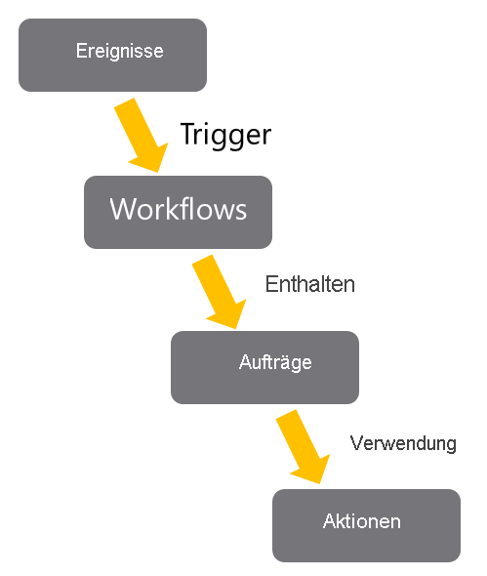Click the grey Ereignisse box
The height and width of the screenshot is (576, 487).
point(112,55)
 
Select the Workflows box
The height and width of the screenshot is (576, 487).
point(178,211)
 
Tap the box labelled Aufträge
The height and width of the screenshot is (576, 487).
point(264,367)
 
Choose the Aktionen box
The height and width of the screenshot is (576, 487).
point(366,525)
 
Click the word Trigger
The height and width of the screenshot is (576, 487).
point(224,134)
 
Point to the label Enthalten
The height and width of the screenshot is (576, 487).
point(309,285)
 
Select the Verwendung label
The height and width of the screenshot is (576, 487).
point(403,443)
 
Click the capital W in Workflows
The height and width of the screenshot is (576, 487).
point(121,210)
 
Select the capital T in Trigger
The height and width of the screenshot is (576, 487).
point(187,134)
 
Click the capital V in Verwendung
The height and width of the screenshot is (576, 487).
point(356,443)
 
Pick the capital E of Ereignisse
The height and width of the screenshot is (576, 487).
point(81,51)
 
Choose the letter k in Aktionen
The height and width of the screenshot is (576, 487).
point(339,521)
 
